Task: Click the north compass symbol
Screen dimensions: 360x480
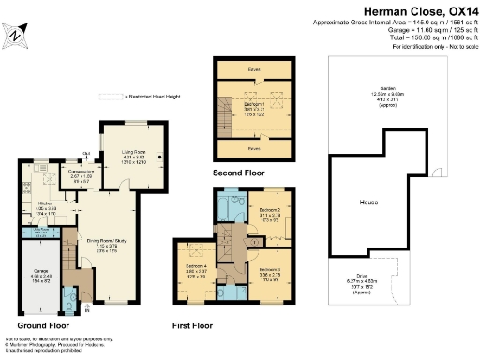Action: pyautogui.click(x=20, y=34)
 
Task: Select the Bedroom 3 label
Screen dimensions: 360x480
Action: pyautogui.click(x=271, y=271)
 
